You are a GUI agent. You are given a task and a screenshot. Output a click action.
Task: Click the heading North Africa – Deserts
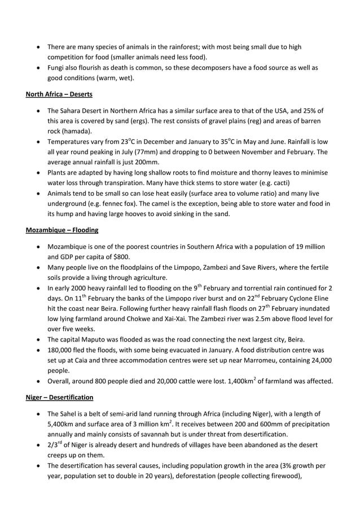59,94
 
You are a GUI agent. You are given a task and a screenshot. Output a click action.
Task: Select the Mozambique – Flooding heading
62,230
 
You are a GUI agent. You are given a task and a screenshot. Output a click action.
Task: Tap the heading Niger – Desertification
60,397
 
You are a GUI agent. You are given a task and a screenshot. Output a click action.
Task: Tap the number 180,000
62,350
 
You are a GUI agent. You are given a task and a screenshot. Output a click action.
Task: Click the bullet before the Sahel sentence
38,414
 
